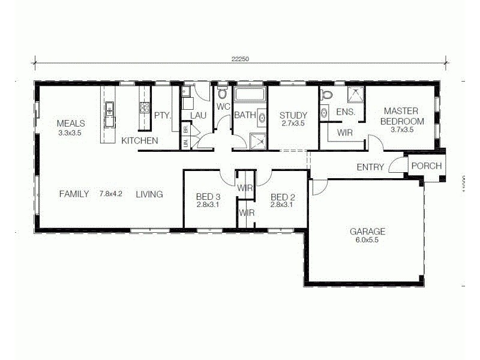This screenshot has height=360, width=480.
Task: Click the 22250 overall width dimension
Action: pos(239,59)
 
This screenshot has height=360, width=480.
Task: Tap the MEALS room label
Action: pos(71,123)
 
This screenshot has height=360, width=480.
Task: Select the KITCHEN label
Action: pos(140,141)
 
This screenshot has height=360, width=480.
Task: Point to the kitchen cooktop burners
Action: pos(144,108)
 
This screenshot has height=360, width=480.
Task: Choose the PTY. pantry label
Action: pos(163,115)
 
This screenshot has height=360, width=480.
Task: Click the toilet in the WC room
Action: pos(222,94)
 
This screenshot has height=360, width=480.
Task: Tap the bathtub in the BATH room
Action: pos(248,95)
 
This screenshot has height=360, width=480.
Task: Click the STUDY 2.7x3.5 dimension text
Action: pos(293,124)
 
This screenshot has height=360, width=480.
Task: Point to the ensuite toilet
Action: pos(327,95)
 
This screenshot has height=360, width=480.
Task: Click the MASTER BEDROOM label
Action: pos(401,116)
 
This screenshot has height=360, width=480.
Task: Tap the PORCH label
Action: pos(426,166)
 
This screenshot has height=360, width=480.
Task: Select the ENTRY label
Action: pos(370,167)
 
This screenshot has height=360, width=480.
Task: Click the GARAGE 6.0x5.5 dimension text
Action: pos(367,240)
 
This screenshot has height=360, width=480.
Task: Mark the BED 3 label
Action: pos(208,197)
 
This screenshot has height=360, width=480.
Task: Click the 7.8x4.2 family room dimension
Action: pos(111,194)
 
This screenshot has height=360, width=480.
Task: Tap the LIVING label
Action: pos(149,194)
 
